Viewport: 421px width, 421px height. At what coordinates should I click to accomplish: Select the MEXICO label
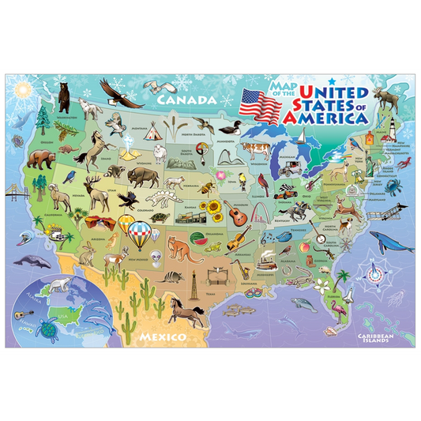point(160,337)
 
